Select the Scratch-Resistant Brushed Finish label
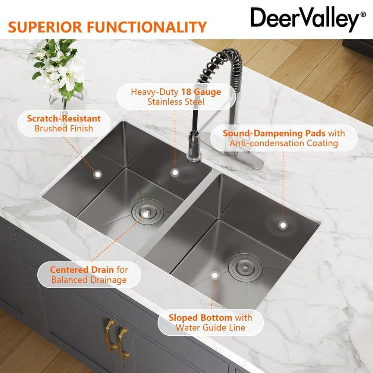pos(64,123)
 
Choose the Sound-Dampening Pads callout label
pos(283,138)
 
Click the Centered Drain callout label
pos(89,274)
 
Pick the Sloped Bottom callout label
pos(210,323)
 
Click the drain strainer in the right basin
pos(244,265)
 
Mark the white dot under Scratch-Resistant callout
pos(98,174)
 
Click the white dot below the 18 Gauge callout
pos(175,172)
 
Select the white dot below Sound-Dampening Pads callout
pos(283,225)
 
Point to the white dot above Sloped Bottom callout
pos(214,275)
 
